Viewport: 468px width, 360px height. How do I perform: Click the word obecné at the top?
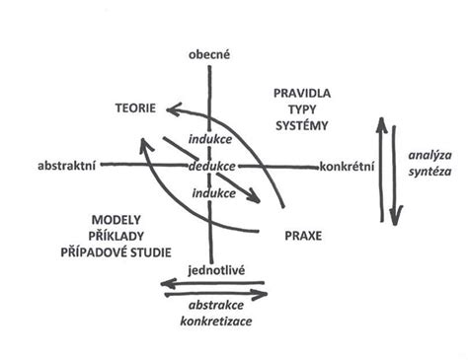click(x=209, y=57)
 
